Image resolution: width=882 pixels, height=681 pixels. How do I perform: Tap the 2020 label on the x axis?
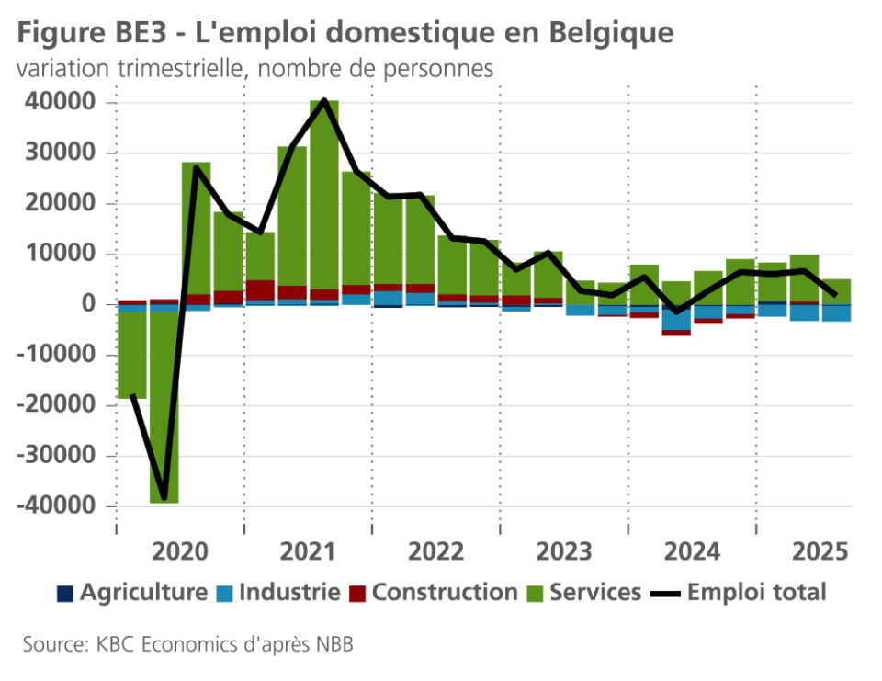[x=181, y=551]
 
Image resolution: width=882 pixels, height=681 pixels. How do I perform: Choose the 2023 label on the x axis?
[x=564, y=551]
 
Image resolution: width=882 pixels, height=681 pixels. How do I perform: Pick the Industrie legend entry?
[x=279, y=592]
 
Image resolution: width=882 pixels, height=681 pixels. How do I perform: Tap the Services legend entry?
[x=584, y=592]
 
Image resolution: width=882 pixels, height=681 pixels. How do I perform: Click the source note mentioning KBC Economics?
[x=188, y=644]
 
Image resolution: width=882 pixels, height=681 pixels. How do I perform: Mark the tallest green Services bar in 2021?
[x=324, y=193]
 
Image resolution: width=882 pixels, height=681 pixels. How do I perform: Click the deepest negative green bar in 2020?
[x=164, y=404]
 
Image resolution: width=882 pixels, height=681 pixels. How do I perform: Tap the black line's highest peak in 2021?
[x=324, y=100]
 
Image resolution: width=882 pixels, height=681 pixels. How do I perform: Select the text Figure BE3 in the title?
[x=88, y=33]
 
